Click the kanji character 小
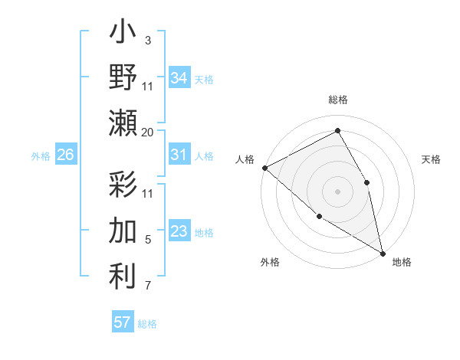(x=123, y=35)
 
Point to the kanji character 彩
(x=123, y=185)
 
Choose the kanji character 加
(x=123, y=230)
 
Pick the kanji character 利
(x=123, y=276)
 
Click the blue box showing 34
(x=179, y=77)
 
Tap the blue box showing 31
(x=179, y=155)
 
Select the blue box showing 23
(x=179, y=231)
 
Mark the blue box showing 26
(x=65, y=155)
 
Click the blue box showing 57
(x=123, y=322)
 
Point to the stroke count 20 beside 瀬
(x=148, y=133)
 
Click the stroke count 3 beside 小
(x=147, y=39)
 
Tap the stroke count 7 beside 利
(x=148, y=286)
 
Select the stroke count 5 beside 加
(x=148, y=241)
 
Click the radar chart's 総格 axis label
(x=338, y=100)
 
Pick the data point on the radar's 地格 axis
(x=382, y=252)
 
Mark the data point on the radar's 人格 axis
(x=264, y=168)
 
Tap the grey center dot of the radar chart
(x=337, y=191)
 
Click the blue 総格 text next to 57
(x=147, y=324)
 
